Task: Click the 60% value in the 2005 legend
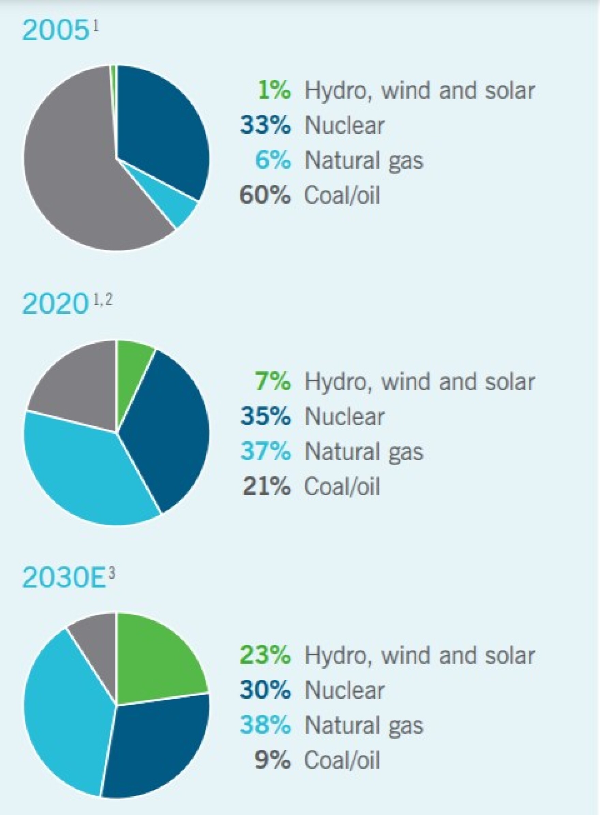pos(265,195)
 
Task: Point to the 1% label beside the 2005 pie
pos(274,90)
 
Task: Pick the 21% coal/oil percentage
pos(267,486)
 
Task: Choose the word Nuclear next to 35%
pos(344,417)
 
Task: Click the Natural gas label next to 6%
pos(363,160)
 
